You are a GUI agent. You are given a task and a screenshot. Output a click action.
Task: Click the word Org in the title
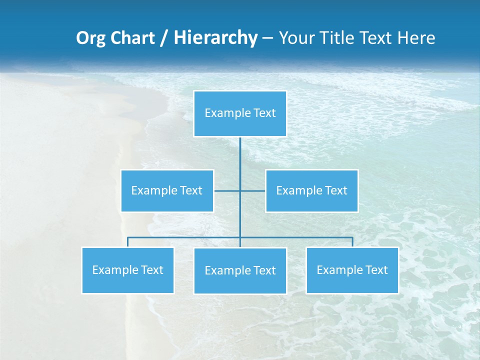click(x=90, y=38)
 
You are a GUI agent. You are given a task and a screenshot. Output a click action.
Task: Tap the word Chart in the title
click(x=131, y=38)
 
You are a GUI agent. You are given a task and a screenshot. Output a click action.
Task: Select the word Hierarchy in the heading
click(x=215, y=38)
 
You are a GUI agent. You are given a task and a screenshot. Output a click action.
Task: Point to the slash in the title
click(x=164, y=38)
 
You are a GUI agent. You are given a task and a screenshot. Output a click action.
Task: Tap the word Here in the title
click(x=416, y=38)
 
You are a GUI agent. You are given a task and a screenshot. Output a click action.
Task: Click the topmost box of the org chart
click(x=240, y=113)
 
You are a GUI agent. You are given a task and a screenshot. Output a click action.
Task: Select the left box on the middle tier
click(x=167, y=190)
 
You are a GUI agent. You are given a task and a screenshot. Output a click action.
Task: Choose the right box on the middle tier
click(x=311, y=190)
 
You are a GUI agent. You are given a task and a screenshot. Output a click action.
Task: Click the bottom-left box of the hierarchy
click(x=127, y=270)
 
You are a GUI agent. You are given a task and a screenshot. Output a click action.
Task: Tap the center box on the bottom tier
click(x=240, y=270)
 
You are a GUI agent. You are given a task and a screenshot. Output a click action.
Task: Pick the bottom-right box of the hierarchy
click(x=352, y=270)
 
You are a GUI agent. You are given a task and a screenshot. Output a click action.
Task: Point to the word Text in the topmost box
click(x=264, y=113)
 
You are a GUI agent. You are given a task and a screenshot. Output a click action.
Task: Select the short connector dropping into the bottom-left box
click(x=127, y=242)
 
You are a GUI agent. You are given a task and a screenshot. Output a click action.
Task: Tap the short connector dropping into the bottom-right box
click(x=352, y=242)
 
